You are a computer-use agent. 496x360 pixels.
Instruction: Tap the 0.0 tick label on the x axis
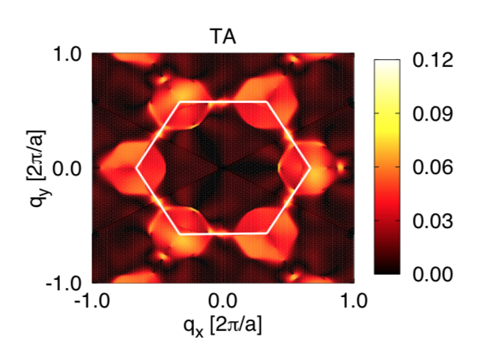pos(222,302)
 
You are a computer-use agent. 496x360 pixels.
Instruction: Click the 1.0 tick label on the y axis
pos(72,54)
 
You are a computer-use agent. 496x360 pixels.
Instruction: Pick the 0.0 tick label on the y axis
pos(72,168)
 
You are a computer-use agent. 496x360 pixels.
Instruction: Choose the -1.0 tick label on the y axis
pos(70,283)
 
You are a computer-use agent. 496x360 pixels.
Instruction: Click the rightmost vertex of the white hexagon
pos(309,168)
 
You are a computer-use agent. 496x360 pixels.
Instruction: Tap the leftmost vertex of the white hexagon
pos(136,168)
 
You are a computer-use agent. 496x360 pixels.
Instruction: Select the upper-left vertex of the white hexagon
pos(179,101)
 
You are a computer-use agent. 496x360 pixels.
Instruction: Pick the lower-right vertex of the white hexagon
pos(266,234)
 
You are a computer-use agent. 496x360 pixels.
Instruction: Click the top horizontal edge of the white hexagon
pos(223,101)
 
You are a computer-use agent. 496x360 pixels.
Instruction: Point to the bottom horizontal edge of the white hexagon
pos(223,234)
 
